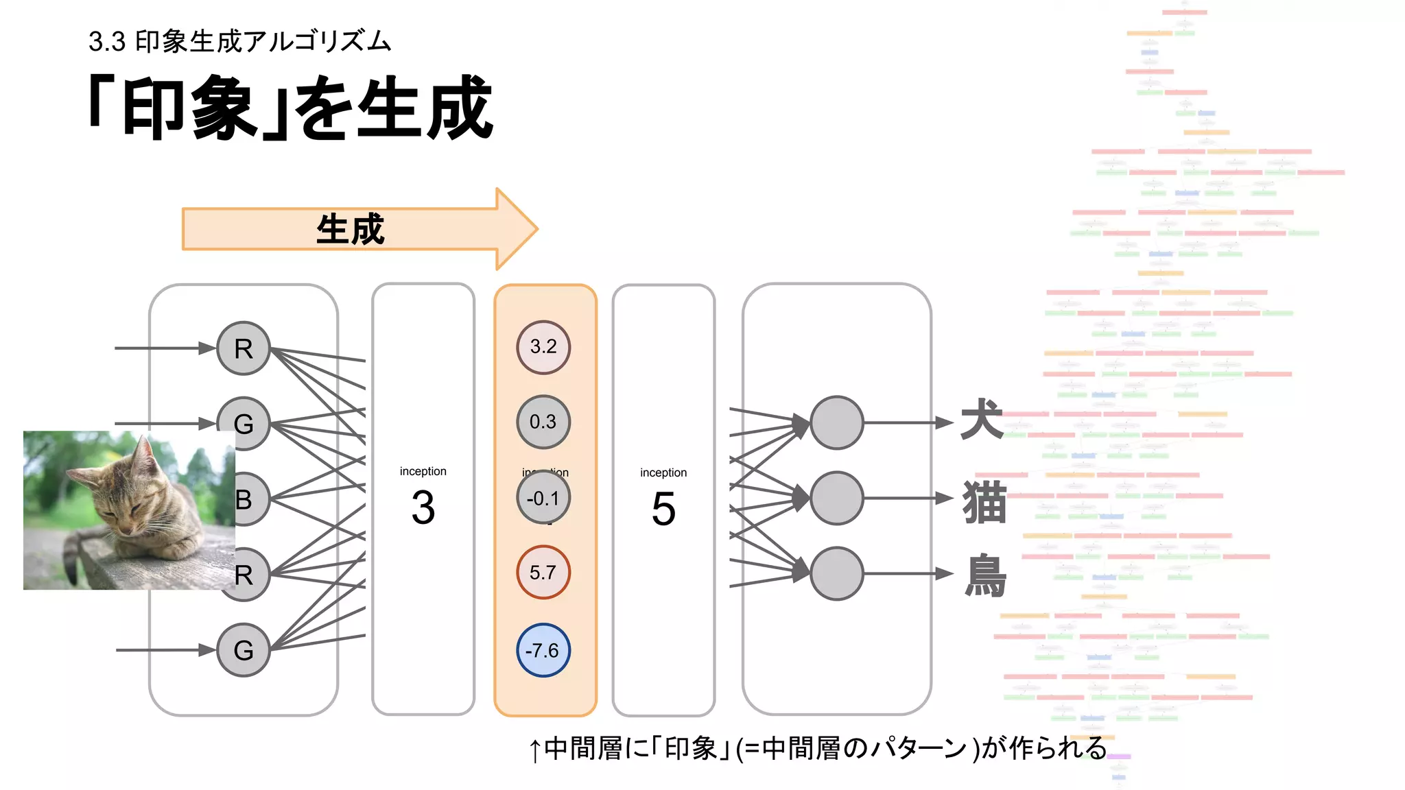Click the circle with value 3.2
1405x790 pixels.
(x=543, y=347)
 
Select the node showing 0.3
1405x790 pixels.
(x=543, y=422)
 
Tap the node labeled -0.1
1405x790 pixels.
(x=543, y=498)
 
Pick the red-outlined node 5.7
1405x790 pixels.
(x=543, y=573)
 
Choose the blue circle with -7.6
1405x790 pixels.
(x=543, y=650)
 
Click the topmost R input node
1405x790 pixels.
(x=244, y=348)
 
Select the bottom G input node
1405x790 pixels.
(x=244, y=650)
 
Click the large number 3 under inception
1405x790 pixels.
(x=423, y=508)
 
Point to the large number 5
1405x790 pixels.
(x=663, y=510)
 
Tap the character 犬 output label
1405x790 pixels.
(x=982, y=419)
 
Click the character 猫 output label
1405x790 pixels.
(x=984, y=502)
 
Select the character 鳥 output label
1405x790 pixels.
(x=986, y=576)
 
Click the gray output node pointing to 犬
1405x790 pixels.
(x=837, y=423)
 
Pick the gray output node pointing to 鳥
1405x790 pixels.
(x=837, y=573)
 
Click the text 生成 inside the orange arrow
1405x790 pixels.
(x=351, y=229)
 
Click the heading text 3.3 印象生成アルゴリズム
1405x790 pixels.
(x=239, y=42)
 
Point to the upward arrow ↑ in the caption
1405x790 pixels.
(x=535, y=750)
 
